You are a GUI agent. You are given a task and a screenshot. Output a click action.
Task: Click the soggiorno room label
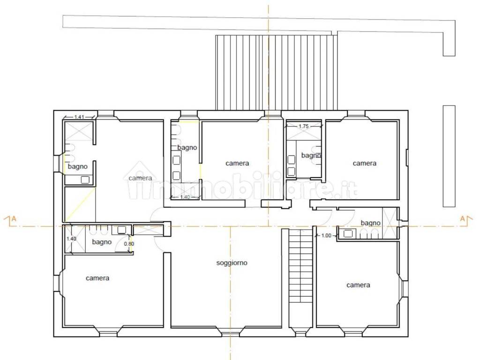pos(232,262)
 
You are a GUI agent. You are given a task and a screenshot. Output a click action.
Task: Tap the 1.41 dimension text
pos(79,117)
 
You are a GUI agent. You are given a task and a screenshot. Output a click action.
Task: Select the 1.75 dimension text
pos(304,126)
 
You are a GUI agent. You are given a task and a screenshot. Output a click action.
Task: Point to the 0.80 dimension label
pos(129,244)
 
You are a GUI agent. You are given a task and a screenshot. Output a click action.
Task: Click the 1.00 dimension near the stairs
pos(326,235)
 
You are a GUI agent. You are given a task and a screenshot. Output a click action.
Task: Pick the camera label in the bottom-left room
pos(97,278)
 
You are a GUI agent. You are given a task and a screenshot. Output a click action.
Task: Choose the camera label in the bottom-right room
pos(358,285)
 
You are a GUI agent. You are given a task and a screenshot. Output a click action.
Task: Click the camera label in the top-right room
pos(364,163)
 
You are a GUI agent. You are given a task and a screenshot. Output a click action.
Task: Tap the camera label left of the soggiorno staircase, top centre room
pos(237,163)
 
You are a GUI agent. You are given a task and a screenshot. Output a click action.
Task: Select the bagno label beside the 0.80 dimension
pos(102,242)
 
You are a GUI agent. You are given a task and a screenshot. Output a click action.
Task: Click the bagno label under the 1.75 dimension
pos(311,156)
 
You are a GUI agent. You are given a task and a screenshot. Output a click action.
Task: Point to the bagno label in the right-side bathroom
pos(370,223)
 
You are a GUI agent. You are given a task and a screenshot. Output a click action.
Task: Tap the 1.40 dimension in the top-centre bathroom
pos(185,197)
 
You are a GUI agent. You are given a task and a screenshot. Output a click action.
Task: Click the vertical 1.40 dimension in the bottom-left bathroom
pos(71,239)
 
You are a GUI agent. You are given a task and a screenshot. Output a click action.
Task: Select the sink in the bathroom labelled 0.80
pos(122,230)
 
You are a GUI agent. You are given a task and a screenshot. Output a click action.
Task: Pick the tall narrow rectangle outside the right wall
pos(449,156)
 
